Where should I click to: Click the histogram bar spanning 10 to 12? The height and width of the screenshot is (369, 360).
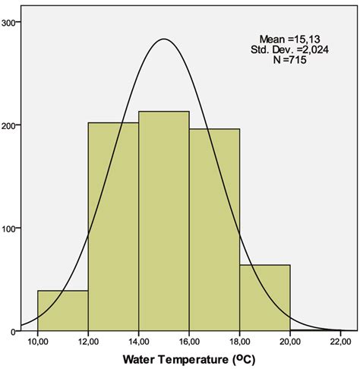pos(63,311)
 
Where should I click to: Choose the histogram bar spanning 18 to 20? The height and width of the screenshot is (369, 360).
pos(265,298)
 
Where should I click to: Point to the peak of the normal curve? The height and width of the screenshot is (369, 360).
pos(164,39)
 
